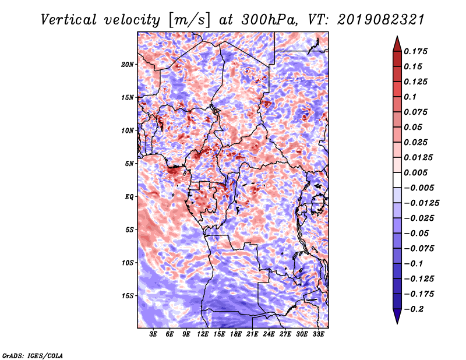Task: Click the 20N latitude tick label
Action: [128, 64]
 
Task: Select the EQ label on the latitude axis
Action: [130, 196]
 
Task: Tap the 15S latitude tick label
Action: [128, 295]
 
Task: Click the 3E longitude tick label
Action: [154, 334]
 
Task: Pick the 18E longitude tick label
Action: [236, 334]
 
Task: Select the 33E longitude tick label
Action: [318, 334]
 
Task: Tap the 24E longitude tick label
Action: [269, 334]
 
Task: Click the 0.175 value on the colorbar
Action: [417, 51]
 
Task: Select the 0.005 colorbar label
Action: [417, 172]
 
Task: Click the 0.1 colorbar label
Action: [411, 97]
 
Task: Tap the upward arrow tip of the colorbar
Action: [397, 38]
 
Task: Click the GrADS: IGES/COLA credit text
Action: [32, 354]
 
